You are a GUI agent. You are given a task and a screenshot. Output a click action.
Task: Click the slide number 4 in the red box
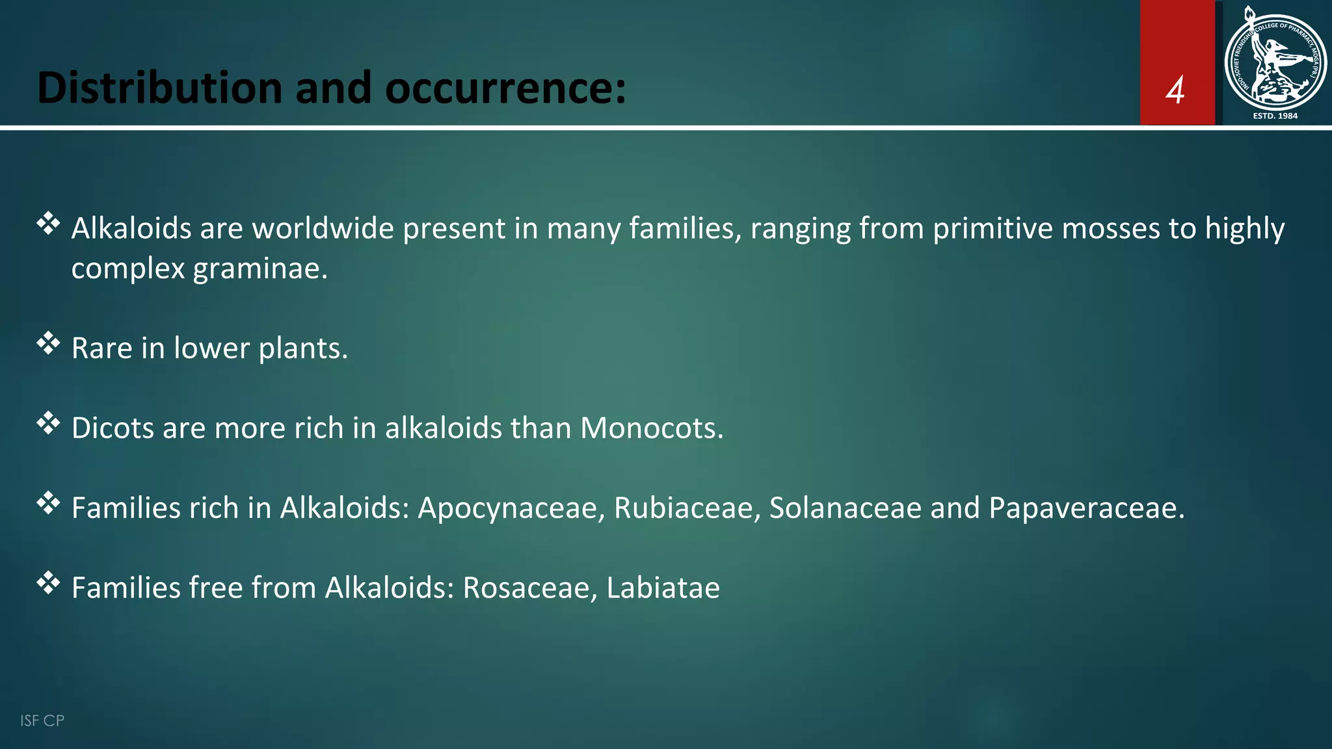click(x=1175, y=90)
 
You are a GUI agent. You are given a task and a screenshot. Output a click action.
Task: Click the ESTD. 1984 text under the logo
click(x=1275, y=116)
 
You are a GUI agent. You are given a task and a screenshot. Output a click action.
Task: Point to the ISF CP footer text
click(x=42, y=720)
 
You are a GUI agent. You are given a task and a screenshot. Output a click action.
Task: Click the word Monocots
click(x=651, y=428)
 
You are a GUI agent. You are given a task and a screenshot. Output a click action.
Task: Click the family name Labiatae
click(x=663, y=588)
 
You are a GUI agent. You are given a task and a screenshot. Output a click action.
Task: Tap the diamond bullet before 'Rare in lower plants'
click(x=48, y=343)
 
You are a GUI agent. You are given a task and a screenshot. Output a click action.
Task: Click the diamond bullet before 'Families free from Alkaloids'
click(x=48, y=583)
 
